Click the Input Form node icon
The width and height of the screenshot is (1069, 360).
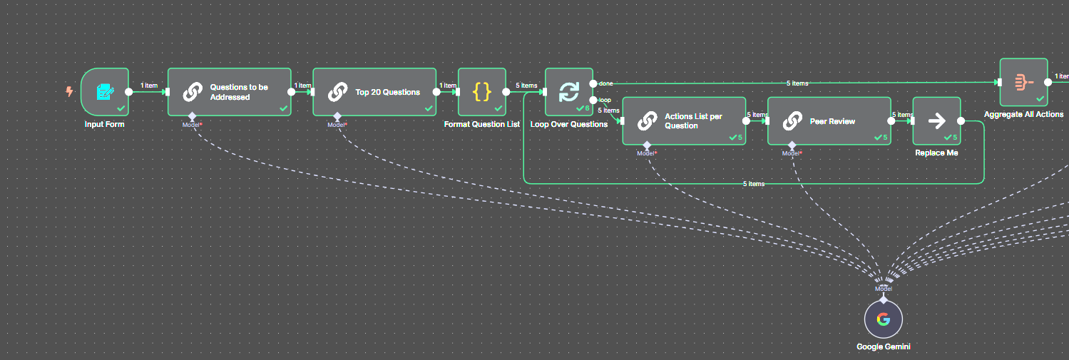pyautogui.click(x=105, y=91)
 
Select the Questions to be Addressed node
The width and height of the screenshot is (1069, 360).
pyautogui.click(x=229, y=92)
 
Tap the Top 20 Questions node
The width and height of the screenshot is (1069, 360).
pyautogui.click(x=374, y=92)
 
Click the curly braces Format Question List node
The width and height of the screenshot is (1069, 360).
pyautogui.click(x=482, y=92)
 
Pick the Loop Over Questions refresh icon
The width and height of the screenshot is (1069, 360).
pyautogui.click(x=568, y=92)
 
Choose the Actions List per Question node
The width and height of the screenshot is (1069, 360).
pyautogui.click(x=684, y=121)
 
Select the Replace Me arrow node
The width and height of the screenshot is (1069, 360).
pyautogui.click(x=936, y=121)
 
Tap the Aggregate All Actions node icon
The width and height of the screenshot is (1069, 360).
pyautogui.click(x=1023, y=82)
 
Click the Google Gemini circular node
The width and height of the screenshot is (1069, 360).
pyautogui.click(x=883, y=319)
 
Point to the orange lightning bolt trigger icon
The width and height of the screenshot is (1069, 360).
pyautogui.click(x=69, y=91)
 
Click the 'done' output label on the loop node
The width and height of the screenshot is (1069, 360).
pyautogui.click(x=605, y=83)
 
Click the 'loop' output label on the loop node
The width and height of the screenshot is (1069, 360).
pyautogui.click(x=605, y=100)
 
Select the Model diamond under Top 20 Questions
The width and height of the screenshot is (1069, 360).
pyautogui.click(x=337, y=116)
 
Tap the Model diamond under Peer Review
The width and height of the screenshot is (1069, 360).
pyautogui.click(x=792, y=145)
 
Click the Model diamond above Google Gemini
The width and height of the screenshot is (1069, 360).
pyautogui.click(x=884, y=298)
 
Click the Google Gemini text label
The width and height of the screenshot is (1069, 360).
pyautogui.click(x=883, y=347)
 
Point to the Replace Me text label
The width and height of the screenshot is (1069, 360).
pyautogui.click(x=936, y=153)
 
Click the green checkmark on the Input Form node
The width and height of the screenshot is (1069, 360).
pyautogui.click(x=121, y=108)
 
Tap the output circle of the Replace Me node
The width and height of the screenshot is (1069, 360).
pyautogui.click(x=961, y=121)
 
